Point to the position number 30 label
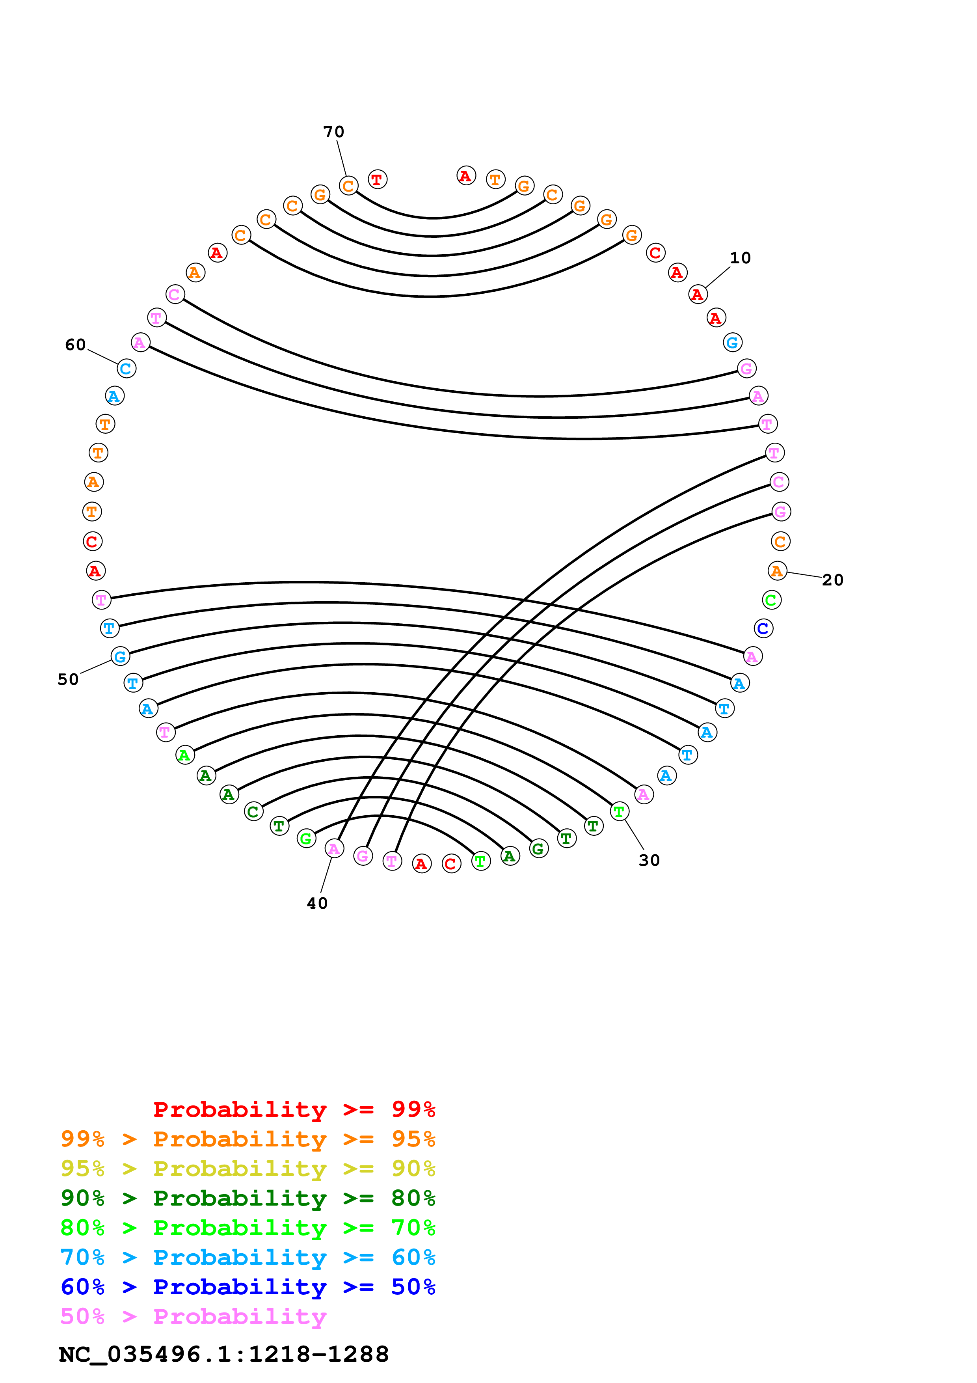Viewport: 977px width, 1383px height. tap(649, 860)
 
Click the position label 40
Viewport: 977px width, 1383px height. tap(317, 904)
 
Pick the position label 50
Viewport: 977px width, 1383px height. tap(68, 679)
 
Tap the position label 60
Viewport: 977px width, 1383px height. tap(75, 345)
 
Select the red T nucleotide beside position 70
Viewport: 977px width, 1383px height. tap(378, 179)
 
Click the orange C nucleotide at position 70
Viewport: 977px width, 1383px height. tap(348, 186)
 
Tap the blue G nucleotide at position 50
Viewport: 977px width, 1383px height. tap(120, 656)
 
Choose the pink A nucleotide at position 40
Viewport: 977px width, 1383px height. tap(334, 849)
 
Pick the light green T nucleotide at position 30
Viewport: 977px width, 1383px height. tap(620, 811)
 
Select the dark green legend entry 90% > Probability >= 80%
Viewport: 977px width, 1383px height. tap(248, 1198)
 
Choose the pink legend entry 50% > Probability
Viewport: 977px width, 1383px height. tap(193, 1317)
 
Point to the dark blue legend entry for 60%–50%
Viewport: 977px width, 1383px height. tap(248, 1287)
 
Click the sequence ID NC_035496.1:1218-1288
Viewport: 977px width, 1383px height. tap(224, 1355)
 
